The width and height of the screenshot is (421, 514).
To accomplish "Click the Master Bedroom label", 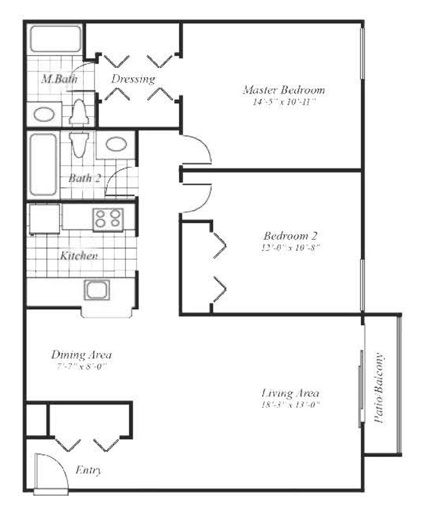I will [283, 90].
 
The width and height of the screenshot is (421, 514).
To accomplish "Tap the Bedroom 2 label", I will [290, 236].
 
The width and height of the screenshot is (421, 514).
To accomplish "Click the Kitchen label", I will [78, 256].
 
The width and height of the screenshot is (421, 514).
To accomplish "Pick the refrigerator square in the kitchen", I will [44, 219].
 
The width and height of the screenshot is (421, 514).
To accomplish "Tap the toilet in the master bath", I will [79, 112].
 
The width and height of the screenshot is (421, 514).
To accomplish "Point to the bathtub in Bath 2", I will [43, 164].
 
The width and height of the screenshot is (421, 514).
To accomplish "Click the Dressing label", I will [133, 79].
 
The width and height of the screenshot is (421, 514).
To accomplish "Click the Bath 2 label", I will [84, 178].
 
